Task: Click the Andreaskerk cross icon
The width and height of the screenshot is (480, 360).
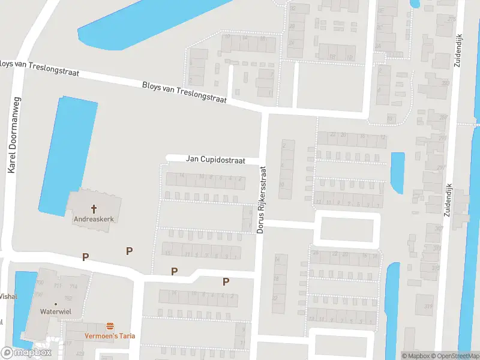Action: (x=94, y=209)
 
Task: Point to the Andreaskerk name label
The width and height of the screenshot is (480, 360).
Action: (x=94, y=220)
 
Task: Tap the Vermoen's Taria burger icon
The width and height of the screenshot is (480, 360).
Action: (x=110, y=326)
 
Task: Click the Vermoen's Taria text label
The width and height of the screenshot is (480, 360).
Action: (x=109, y=336)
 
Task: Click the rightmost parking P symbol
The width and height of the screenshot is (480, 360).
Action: (x=226, y=281)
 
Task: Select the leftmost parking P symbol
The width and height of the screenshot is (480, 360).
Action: (x=86, y=257)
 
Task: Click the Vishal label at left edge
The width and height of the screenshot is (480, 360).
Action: (x=8, y=296)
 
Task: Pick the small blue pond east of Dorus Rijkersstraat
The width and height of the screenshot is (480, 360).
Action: (x=397, y=172)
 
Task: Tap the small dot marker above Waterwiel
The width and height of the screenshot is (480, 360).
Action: (x=55, y=304)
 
